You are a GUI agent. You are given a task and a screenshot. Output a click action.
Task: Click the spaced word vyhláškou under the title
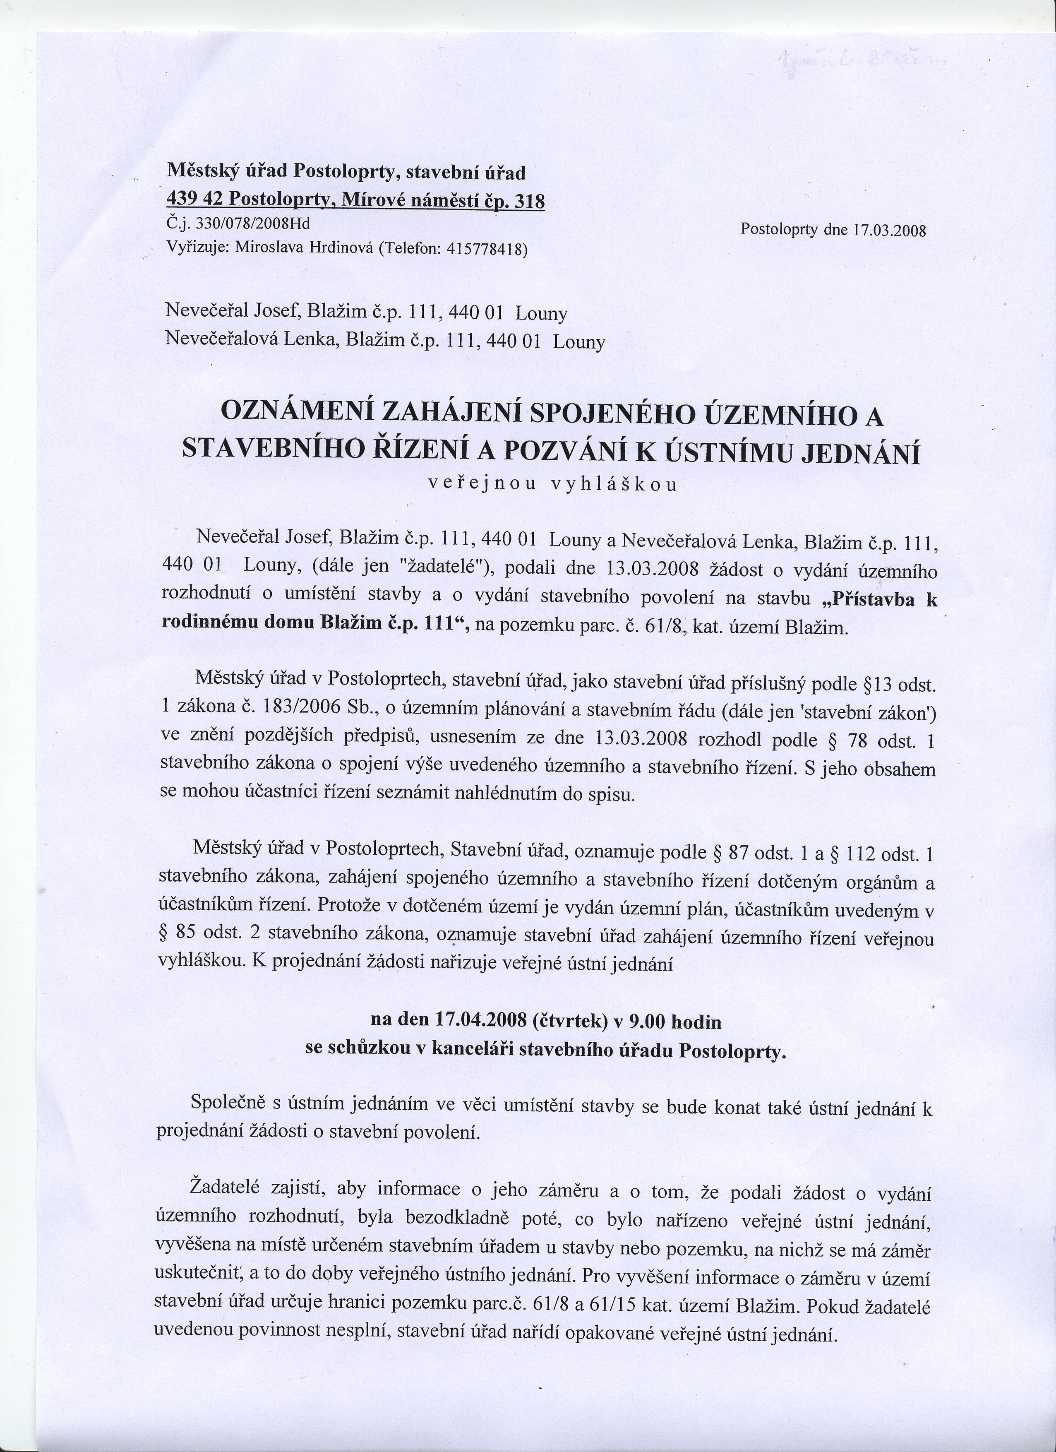click(613, 485)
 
